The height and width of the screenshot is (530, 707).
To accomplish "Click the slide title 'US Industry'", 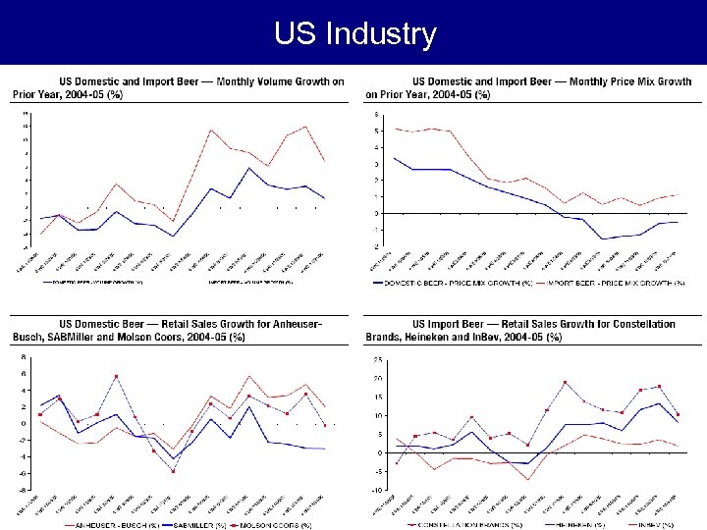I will pyautogui.click(x=354, y=35).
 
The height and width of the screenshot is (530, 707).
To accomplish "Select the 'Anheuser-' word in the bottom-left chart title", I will pyautogui.click(x=291, y=324).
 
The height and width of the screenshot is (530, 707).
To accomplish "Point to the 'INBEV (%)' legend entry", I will pyautogui.click(x=649, y=525).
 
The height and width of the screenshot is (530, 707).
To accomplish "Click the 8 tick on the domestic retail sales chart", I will pyautogui.click(x=24, y=357).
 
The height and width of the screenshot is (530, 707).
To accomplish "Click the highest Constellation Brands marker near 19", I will pyautogui.click(x=566, y=382).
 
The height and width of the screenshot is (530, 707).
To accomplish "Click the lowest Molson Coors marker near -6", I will pyautogui.click(x=173, y=471).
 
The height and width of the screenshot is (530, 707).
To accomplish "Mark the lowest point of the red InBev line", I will pyautogui.click(x=528, y=479).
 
